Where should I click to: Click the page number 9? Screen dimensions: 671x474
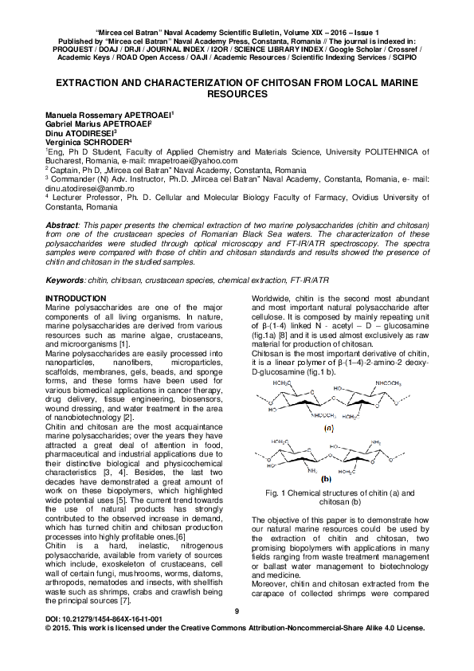[x=237, y=611]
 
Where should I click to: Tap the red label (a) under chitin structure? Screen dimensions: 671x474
[x=327, y=428]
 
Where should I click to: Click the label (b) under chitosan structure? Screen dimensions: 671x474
[x=326, y=480]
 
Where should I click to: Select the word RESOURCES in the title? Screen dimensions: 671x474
[x=237, y=93]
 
